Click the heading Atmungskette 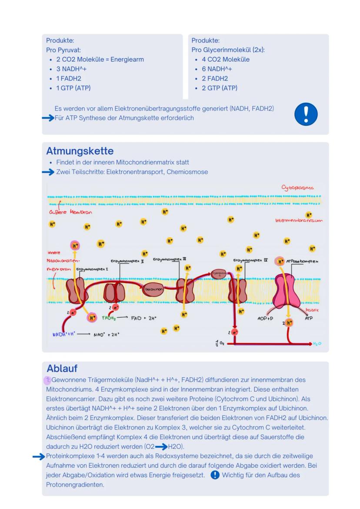80,151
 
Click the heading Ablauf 62,369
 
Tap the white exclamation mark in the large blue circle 306,114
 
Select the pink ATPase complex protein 286,292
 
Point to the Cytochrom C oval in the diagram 218,274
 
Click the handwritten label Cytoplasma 297,188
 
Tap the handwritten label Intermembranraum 299,221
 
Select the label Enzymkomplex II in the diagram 127,261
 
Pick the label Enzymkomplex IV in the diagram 250,261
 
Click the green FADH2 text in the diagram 109,318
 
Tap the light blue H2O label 317,344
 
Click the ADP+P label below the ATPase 265,319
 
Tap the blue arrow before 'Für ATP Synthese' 48,118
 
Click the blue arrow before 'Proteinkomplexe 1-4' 39,456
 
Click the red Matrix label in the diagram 312,310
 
